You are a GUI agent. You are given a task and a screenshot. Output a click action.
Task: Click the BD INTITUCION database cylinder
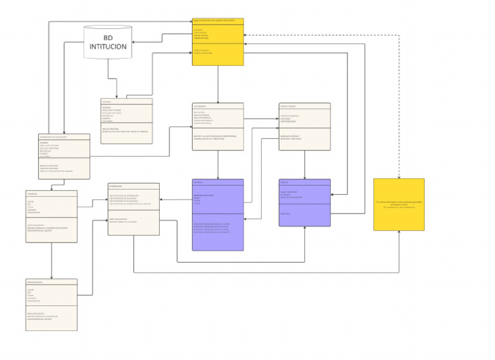click(x=108, y=42)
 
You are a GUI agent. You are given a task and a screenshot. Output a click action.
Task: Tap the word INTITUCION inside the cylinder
click(x=108, y=47)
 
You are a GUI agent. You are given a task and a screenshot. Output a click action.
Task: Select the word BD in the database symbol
click(x=108, y=37)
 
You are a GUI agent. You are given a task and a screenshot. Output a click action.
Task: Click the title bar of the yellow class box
click(x=218, y=21)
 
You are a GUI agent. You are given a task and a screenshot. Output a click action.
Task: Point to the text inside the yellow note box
click(x=398, y=204)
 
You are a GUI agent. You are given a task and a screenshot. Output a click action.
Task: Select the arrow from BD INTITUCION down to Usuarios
click(x=108, y=77)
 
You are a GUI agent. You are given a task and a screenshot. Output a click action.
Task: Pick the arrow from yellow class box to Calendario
click(x=218, y=84)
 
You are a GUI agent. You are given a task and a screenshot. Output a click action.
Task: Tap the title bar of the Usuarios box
click(x=126, y=101)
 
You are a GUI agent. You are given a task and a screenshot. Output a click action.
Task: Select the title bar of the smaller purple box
click(x=304, y=182)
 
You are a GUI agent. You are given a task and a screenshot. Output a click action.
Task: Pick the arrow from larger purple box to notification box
click(x=175, y=199)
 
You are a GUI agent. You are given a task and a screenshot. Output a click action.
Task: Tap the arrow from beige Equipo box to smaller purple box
click(x=304, y=165)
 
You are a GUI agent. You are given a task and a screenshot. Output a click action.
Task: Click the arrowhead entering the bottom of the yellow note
click(x=399, y=233)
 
